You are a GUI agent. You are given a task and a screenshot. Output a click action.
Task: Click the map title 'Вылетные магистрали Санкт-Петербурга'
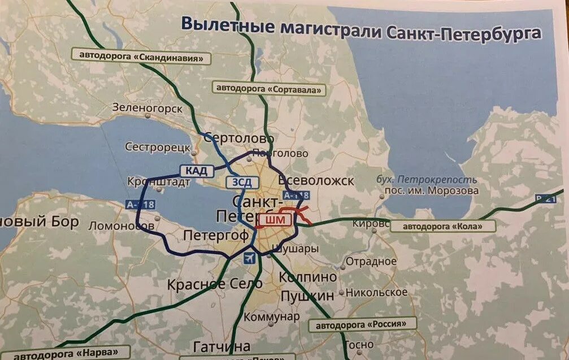360,28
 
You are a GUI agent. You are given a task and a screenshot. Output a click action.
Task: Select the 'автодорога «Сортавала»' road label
269,89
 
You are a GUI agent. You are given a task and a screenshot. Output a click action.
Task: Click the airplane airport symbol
248,258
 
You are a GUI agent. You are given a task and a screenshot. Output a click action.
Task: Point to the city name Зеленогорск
147,107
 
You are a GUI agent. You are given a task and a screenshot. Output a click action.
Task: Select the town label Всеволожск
317,181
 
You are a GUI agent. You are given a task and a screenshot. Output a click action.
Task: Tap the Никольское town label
376,292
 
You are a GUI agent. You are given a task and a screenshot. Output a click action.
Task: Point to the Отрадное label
371,262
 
